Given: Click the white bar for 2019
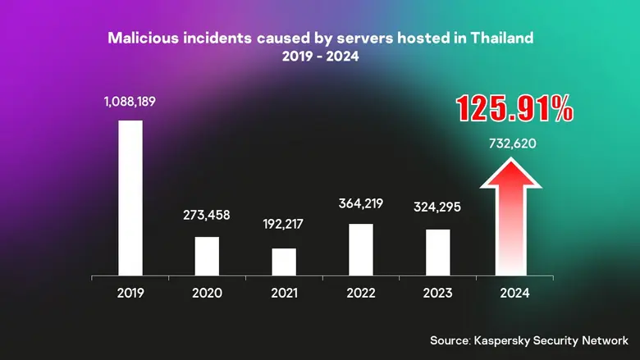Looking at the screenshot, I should (130, 198).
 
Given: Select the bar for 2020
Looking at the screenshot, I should (207, 256).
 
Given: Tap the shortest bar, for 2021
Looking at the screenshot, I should (284, 262).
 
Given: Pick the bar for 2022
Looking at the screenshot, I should (361, 249).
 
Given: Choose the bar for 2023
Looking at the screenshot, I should (438, 252).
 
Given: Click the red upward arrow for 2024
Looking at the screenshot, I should (515, 221).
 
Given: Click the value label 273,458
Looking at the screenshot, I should (207, 216).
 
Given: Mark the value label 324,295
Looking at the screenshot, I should (438, 207).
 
